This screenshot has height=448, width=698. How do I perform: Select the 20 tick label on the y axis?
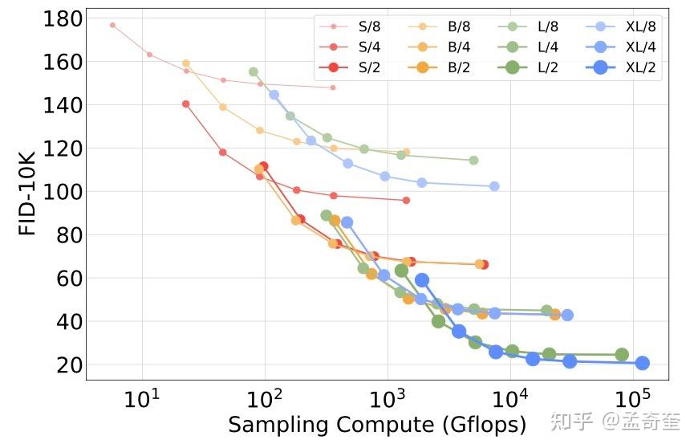(x=67, y=365)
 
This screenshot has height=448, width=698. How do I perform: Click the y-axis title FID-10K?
(x=28, y=192)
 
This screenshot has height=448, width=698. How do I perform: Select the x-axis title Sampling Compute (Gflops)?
(x=377, y=424)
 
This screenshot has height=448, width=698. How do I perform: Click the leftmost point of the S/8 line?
(x=112, y=25)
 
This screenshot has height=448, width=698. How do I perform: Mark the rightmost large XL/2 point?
(x=642, y=363)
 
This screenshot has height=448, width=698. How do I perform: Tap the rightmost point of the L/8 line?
(x=473, y=161)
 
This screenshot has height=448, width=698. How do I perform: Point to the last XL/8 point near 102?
(x=494, y=186)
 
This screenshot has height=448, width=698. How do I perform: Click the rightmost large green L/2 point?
(x=622, y=355)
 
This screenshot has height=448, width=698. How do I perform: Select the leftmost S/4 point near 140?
(x=186, y=104)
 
